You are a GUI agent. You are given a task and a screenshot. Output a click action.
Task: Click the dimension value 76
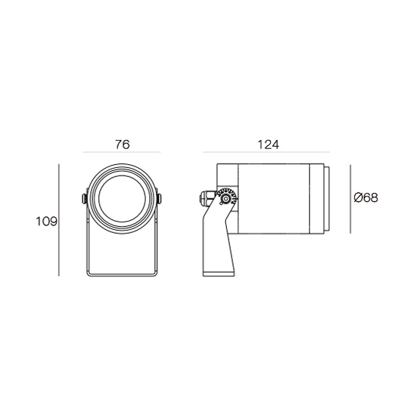coord(123,144)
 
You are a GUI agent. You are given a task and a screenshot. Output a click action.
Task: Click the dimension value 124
coord(269,144)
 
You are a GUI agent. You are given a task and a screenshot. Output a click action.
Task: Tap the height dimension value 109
coord(46,222)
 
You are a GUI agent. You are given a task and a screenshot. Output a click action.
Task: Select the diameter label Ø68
coord(366,197)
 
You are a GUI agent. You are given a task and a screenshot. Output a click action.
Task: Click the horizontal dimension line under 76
coord(122,152)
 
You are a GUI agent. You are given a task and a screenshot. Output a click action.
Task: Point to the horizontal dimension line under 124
coord(266,152)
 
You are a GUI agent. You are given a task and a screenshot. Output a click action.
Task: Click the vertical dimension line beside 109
coord(59,220)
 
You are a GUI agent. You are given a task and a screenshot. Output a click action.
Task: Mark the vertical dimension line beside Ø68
coord(350,199)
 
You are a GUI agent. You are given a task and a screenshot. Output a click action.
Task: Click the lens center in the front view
coord(122,199)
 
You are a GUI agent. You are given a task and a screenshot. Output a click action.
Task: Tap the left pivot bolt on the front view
coord(85,199)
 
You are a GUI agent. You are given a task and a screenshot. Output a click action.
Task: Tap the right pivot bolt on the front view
coord(159,199)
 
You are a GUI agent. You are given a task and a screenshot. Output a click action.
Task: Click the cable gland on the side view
coord(206,198)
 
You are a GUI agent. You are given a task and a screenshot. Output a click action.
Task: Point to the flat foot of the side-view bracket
coord(219,274)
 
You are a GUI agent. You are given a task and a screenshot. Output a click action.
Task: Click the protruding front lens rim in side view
coord(327,199)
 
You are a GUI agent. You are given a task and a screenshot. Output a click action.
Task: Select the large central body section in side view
coord(274,199)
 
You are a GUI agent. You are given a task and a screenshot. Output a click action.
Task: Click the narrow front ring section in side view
coord(317,199)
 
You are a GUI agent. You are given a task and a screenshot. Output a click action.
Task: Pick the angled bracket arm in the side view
coord(218,239)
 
